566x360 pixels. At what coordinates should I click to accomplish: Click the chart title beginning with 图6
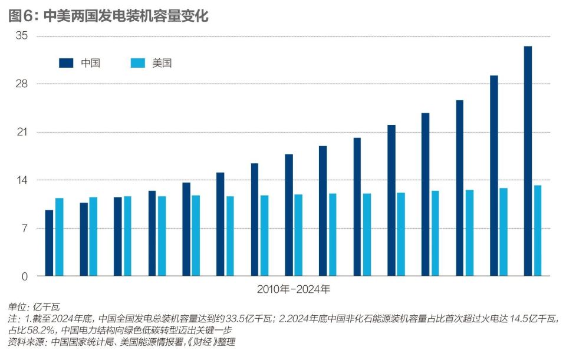[108, 15]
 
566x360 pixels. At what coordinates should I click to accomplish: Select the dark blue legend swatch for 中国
[66, 63]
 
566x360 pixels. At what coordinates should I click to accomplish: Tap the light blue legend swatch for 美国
[137, 63]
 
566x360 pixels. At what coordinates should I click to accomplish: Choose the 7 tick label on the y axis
[24, 229]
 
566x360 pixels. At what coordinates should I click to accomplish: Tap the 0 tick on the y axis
[25, 276]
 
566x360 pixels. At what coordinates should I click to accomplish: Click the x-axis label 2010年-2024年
[294, 290]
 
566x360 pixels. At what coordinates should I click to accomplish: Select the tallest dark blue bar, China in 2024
[528, 161]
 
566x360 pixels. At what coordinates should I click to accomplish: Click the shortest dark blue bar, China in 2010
[49, 243]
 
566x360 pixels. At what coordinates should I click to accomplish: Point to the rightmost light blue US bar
[538, 230]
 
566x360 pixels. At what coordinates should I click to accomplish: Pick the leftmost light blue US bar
[59, 237]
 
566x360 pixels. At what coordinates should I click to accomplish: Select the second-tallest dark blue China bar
[493, 176]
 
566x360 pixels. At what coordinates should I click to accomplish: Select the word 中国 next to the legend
[90, 63]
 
